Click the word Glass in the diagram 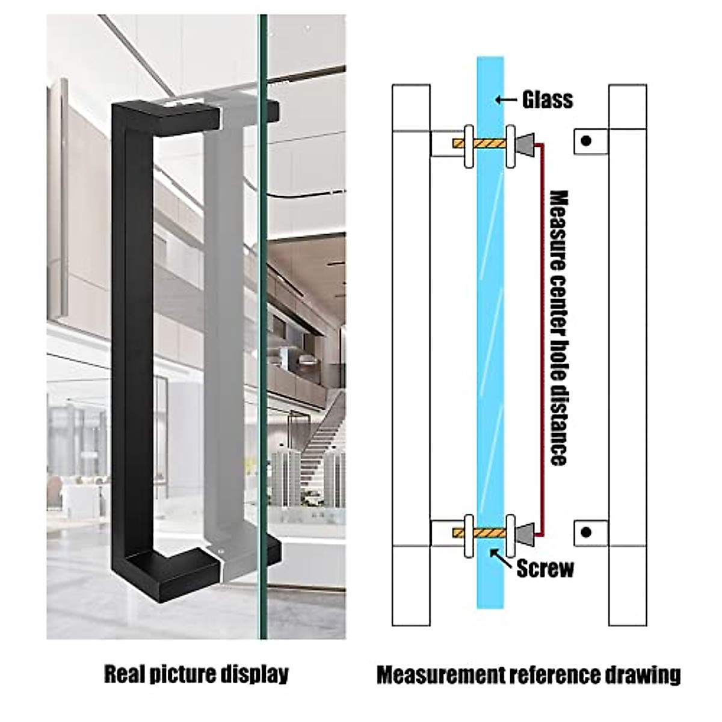[547, 99]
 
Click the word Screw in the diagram [545, 569]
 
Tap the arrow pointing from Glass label [507, 100]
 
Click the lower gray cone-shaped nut [525, 532]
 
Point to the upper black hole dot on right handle [586, 141]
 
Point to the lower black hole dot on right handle [586, 532]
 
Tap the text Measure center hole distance [559, 328]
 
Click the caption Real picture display [196, 674]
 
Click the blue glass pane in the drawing [490, 331]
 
